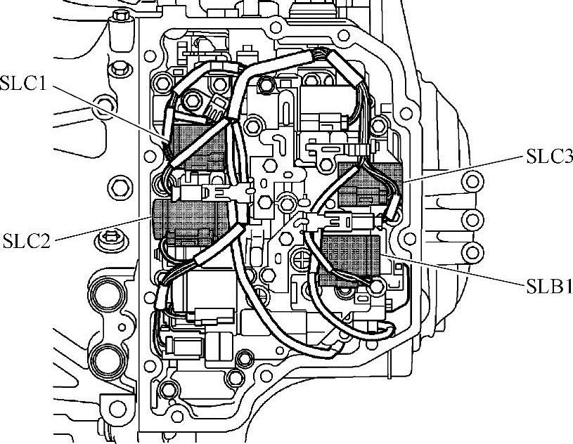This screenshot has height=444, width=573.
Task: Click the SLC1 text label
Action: tap(23, 86)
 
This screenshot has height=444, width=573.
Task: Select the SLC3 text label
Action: tap(548, 156)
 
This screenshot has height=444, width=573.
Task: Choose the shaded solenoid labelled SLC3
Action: tap(368, 184)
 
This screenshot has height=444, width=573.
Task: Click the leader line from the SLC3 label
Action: tap(464, 169)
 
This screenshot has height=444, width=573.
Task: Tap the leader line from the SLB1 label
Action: tap(457, 271)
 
